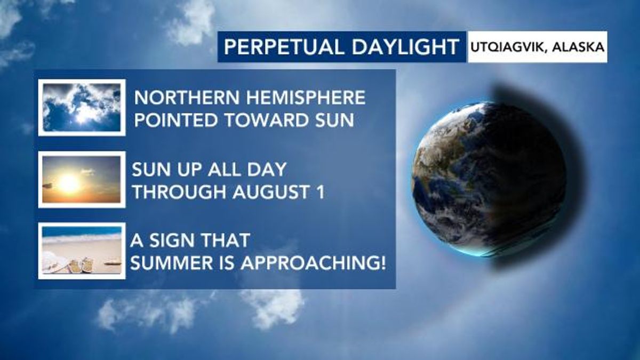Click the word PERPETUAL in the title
pyautogui.click(x=284, y=47)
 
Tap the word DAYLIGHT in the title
pyautogui.click(x=405, y=47)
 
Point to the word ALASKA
pyautogui.click(x=578, y=47)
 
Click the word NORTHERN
pyautogui.click(x=187, y=98)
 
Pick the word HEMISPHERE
pyautogui.click(x=306, y=98)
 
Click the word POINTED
pyautogui.click(x=177, y=120)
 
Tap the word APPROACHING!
pyautogui.click(x=313, y=263)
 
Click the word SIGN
pyautogui.click(x=170, y=241)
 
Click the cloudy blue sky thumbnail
pyautogui.click(x=82, y=107)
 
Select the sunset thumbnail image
pyautogui.click(x=82, y=179)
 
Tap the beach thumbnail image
pyautogui.click(x=82, y=251)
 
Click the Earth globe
pyautogui.click(x=489, y=179)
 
